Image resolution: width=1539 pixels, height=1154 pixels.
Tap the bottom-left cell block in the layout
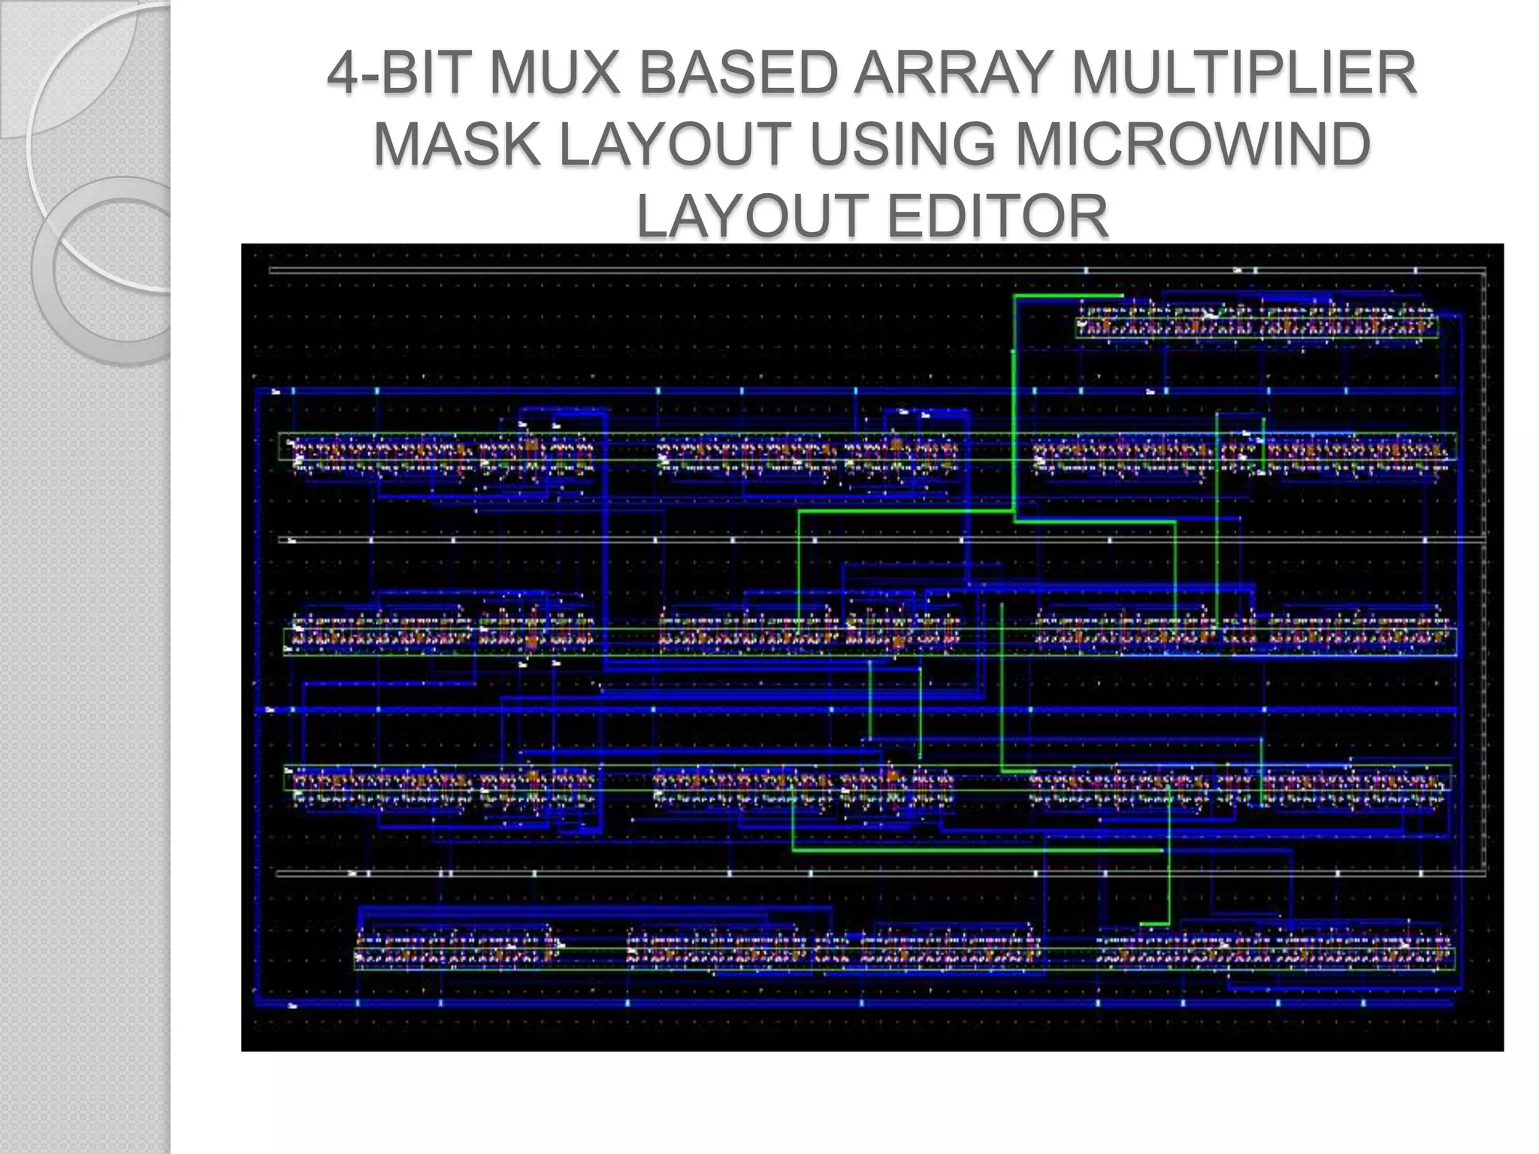pos(459,951)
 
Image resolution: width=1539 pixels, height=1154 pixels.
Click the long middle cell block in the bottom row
pos(834,951)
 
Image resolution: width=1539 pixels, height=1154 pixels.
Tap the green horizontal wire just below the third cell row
pos(977,850)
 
